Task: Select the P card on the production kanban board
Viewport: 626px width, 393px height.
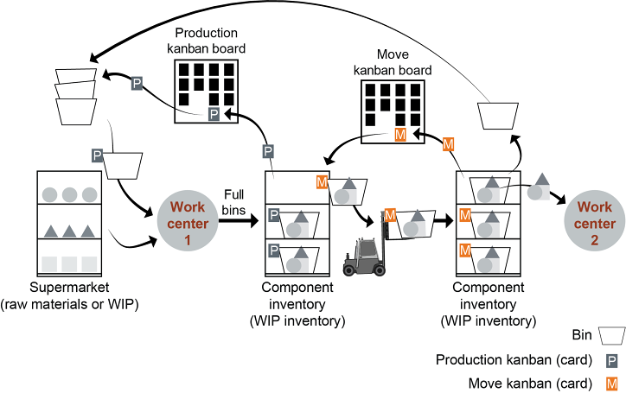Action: coord(214,115)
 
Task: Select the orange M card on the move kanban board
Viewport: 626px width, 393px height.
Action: coord(400,136)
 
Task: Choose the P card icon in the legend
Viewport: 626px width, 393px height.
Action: coord(611,360)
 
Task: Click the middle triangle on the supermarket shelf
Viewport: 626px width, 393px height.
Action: coord(70,231)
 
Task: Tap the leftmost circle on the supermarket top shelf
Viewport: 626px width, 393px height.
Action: coord(50,194)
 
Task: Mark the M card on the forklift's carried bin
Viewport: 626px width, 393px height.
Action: coord(390,214)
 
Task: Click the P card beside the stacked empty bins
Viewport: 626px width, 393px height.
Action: coord(137,83)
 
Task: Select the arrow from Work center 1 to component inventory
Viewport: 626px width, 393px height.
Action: coord(239,220)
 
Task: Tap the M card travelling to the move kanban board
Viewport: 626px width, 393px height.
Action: coord(448,144)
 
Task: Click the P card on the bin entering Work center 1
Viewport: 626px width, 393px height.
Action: coord(98,155)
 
